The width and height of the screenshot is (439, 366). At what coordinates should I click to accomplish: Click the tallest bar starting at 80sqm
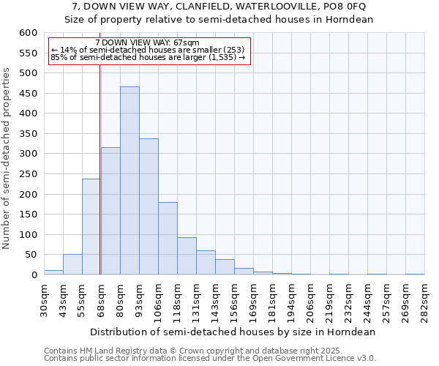pyautogui.click(x=130, y=181)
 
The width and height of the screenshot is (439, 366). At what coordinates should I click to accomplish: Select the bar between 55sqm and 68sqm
pyautogui.click(x=91, y=227)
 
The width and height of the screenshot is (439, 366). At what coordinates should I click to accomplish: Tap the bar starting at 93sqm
pyautogui.click(x=149, y=207)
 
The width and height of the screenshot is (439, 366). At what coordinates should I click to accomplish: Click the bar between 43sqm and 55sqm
pyautogui.click(x=72, y=265)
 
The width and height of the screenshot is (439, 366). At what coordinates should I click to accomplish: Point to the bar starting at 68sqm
pyautogui.click(x=110, y=212)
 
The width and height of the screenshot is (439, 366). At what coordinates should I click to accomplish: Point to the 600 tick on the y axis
pyautogui.click(x=27, y=33)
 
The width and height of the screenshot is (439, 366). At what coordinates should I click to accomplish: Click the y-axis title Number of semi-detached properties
pyautogui.click(x=7, y=159)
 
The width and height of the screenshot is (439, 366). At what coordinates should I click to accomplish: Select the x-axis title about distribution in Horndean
pyautogui.click(x=234, y=332)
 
